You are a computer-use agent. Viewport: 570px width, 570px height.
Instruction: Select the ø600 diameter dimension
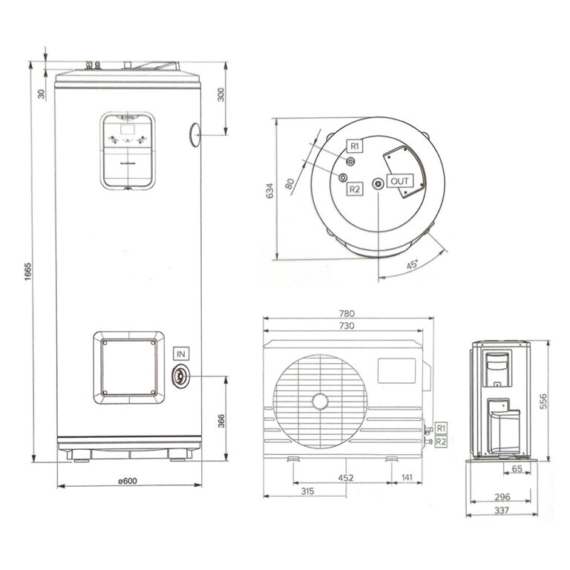point(128,480)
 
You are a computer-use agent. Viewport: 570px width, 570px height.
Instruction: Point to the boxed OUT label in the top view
point(400,181)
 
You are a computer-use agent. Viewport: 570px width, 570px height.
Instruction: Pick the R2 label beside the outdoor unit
point(442,442)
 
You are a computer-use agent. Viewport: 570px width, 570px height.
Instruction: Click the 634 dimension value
point(270,191)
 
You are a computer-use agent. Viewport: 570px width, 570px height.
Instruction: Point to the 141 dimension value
point(407,477)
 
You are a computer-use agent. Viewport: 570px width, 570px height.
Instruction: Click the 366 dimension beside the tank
point(220,420)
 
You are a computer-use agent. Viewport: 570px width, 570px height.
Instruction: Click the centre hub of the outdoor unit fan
point(320,402)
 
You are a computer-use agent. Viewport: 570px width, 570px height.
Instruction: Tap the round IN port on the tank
point(180,376)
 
